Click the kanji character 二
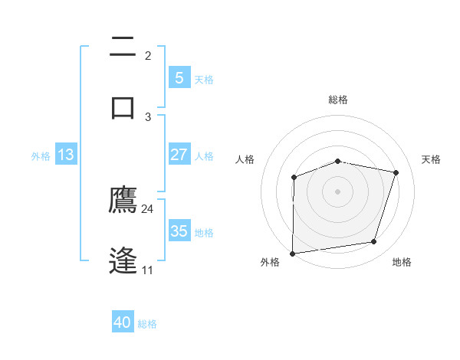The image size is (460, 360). click(x=123, y=47)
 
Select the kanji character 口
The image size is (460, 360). click(x=123, y=106)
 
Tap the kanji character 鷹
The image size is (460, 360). click(x=123, y=201)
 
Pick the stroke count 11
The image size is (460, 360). click(x=148, y=270)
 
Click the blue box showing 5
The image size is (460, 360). click(x=179, y=78)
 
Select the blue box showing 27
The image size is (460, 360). click(x=179, y=155)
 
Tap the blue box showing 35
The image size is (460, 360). click(x=179, y=231)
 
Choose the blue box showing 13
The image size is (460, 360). click(x=65, y=155)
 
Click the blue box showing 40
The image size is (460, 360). click(x=123, y=322)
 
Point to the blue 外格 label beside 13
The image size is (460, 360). click(x=41, y=155)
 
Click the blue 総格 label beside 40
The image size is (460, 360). click(x=147, y=323)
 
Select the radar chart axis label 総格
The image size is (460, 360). click(x=338, y=100)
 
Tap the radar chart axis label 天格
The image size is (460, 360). click(x=432, y=159)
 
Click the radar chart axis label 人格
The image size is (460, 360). click(x=245, y=159)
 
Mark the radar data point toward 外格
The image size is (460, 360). click(x=293, y=253)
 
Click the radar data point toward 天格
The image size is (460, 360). click(x=396, y=172)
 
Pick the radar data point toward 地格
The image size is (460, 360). click(x=374, y=242)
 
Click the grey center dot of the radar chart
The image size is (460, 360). click(x=338, y=191)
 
